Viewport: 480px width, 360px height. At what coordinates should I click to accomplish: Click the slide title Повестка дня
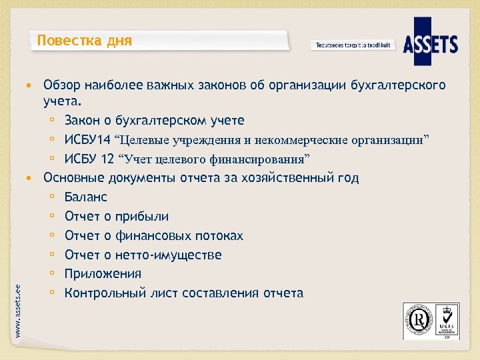pyautogui.click(x=85, y=41)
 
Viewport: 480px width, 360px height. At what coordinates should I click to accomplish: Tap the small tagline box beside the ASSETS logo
pyautogui.click(x=353, y=45)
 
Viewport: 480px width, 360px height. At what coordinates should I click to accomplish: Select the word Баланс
pyautogui.click(x=86, y=197)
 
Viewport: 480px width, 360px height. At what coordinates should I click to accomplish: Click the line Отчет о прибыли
pyautogui.click(x=117, y=217)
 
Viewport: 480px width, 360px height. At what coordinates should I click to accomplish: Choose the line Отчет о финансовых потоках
pyautogui.click(x=154, y=236)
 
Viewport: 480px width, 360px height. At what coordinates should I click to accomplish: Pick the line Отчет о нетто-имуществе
pyautogui.click(x=143, y=255)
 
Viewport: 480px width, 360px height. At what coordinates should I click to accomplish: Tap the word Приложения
pyautogui.click(x=103, y=274)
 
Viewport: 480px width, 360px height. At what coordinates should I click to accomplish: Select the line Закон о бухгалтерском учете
pyautogui.click(x=155, y=121)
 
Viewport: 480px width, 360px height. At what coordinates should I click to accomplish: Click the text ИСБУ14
pyautogui.click(x=87, y=140)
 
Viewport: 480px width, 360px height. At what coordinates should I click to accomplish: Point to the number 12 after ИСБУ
pyautogui.click(x=107, y=159)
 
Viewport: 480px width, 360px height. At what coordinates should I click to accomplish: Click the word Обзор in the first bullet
pyautogui.click(x=61, y=85)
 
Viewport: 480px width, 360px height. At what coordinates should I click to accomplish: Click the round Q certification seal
pyautogui.click(x=417, y=320)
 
